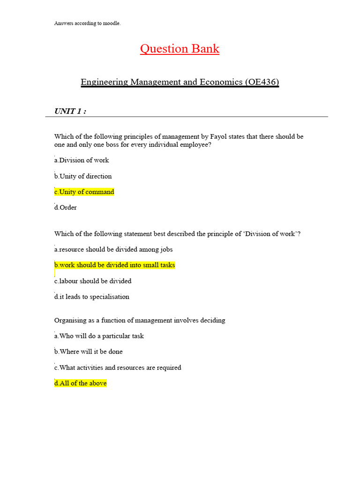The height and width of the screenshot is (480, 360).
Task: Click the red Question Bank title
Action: (x=180, y=49)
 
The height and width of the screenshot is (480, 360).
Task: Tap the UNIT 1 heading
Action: (x=70, y=111)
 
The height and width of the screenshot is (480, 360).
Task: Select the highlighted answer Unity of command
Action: (x=84, y=192)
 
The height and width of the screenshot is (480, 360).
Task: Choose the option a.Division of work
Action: (x=82, y=160)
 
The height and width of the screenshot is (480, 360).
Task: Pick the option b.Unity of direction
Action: (x=83, y=176)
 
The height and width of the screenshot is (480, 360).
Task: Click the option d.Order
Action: (x=66, y=208)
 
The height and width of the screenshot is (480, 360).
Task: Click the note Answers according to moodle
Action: (x=87, y=23)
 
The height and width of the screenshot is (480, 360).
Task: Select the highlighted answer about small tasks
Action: (x=115, y=265)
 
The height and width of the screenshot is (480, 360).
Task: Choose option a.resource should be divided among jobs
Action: (x=110, y=250)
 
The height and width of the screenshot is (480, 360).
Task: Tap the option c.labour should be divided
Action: (x=93, y=281)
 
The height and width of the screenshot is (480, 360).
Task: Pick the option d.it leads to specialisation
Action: (x=92, y=297)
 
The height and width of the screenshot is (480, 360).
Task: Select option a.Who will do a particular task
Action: (x=99, y=336)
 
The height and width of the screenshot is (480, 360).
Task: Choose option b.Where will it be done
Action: (x=89, y=352)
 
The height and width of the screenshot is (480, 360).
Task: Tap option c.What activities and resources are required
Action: (x=118, y=368)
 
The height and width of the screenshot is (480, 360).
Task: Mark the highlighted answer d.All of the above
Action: (x=81, y=383)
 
